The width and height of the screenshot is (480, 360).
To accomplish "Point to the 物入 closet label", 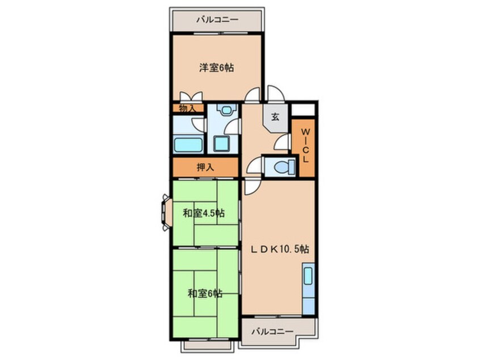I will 187,108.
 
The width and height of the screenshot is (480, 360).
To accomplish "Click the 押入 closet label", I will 205,167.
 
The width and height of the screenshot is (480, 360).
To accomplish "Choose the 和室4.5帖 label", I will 204,214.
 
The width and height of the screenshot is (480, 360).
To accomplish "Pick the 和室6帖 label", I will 205,294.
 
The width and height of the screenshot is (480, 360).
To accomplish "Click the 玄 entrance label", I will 275,117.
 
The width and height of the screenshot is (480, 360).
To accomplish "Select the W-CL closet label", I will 305,146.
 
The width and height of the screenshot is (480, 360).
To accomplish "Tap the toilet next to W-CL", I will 281,166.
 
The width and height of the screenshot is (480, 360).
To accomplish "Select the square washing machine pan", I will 222,144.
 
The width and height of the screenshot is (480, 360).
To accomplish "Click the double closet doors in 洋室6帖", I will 189,97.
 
